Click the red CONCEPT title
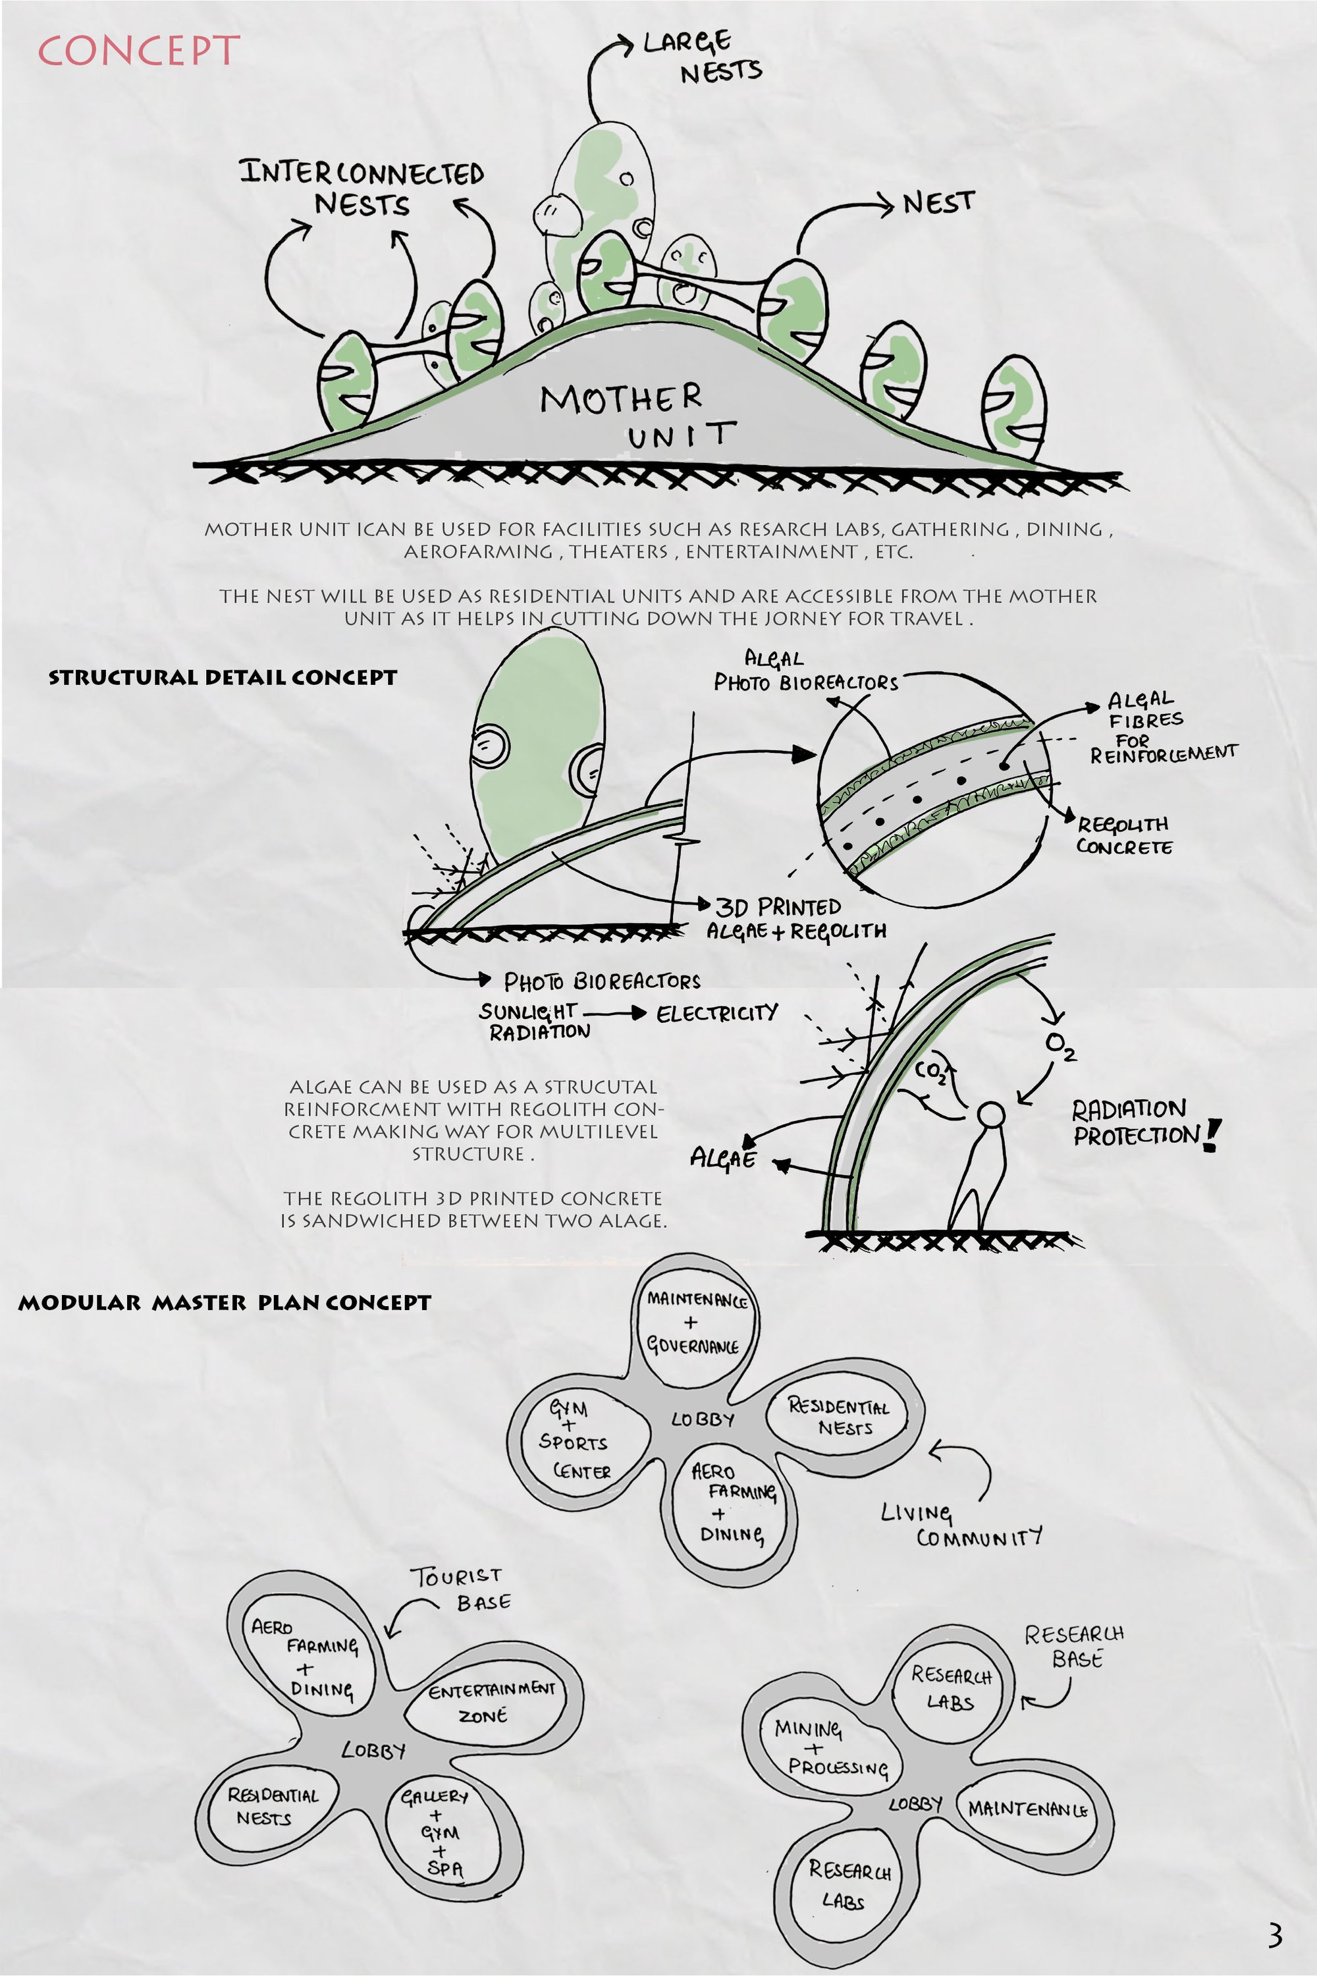coord(138,51)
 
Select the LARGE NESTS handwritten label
coord(702,57)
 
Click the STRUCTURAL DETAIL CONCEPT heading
coord(223,677)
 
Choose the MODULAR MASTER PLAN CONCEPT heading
coord(225,1302)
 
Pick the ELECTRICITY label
coord(717,1012)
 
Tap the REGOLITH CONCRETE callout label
coord(1124,835)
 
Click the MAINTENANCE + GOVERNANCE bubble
coord(695,1323)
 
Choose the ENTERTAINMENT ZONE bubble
coord(491,1702)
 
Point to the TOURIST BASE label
coord(460,1589)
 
